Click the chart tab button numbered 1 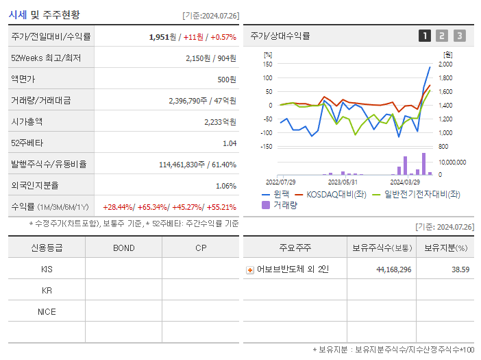click(x=425, y=36)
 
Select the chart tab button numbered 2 click(x=442, y=36)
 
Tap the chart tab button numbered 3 click(x=459, y=36)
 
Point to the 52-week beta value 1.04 click(x=229, y=143)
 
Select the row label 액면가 click(x=27, y=80)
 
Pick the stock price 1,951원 click(x=164, y=37)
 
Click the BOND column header click(x=123, y=248)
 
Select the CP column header click(x=200, y=248)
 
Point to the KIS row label click(x=47, y=269)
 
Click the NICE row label click(x=47, y=312)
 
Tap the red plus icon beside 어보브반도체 click(x=249, y=270)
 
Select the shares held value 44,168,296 click(x=393, y=269)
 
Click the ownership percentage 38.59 click(x=460, y=269)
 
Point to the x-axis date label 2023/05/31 click(x=343, y=182)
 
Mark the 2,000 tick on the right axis click(x=445, y=64)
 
